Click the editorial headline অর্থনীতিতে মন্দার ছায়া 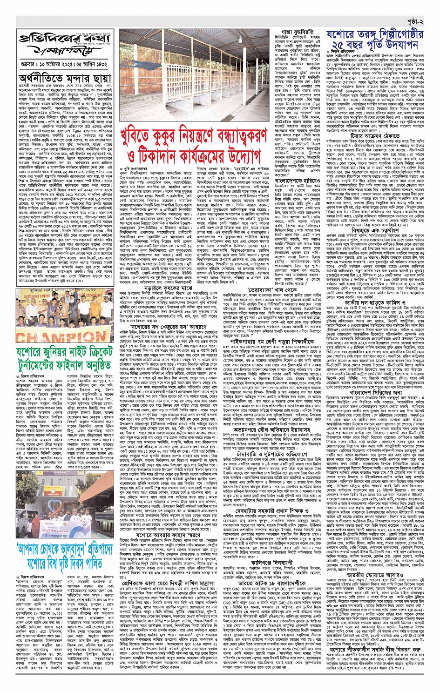click(x=65, y=78)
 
